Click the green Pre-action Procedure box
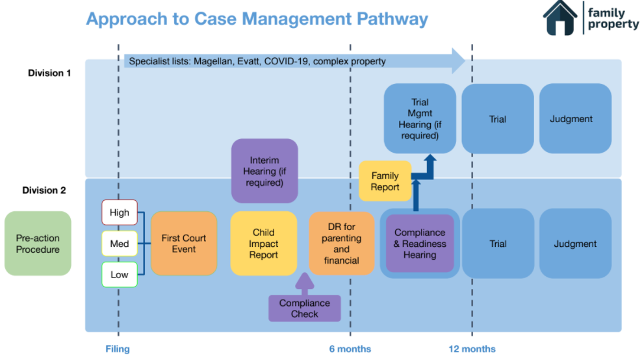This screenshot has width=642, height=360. coord(38,244)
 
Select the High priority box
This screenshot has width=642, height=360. coord(120,212)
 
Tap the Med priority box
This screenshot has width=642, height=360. coord(120,244)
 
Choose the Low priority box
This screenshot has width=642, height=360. coord(120,274)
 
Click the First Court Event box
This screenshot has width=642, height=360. coord(184,244)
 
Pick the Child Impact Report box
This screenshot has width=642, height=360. coord(264,244)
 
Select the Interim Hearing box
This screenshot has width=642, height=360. coord(264,171)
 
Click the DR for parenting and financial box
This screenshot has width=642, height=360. coord(341,244)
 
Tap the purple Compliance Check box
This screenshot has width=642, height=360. coord(305,309)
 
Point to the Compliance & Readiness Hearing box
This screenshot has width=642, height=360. coord(420,244)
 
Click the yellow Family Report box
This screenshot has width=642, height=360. coord(385,181)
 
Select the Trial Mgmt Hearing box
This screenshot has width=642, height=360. coord(420,119)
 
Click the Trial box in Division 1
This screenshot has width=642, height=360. coord(498,119)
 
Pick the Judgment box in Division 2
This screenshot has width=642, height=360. coord(575,244)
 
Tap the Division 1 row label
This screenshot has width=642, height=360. coord(49,73)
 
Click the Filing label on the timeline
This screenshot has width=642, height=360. coord(118,349)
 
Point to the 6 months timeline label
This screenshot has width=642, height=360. coord(350,349)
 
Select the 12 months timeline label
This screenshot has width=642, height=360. coord(472,349)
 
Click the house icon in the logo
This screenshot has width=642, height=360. coord(560,18)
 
